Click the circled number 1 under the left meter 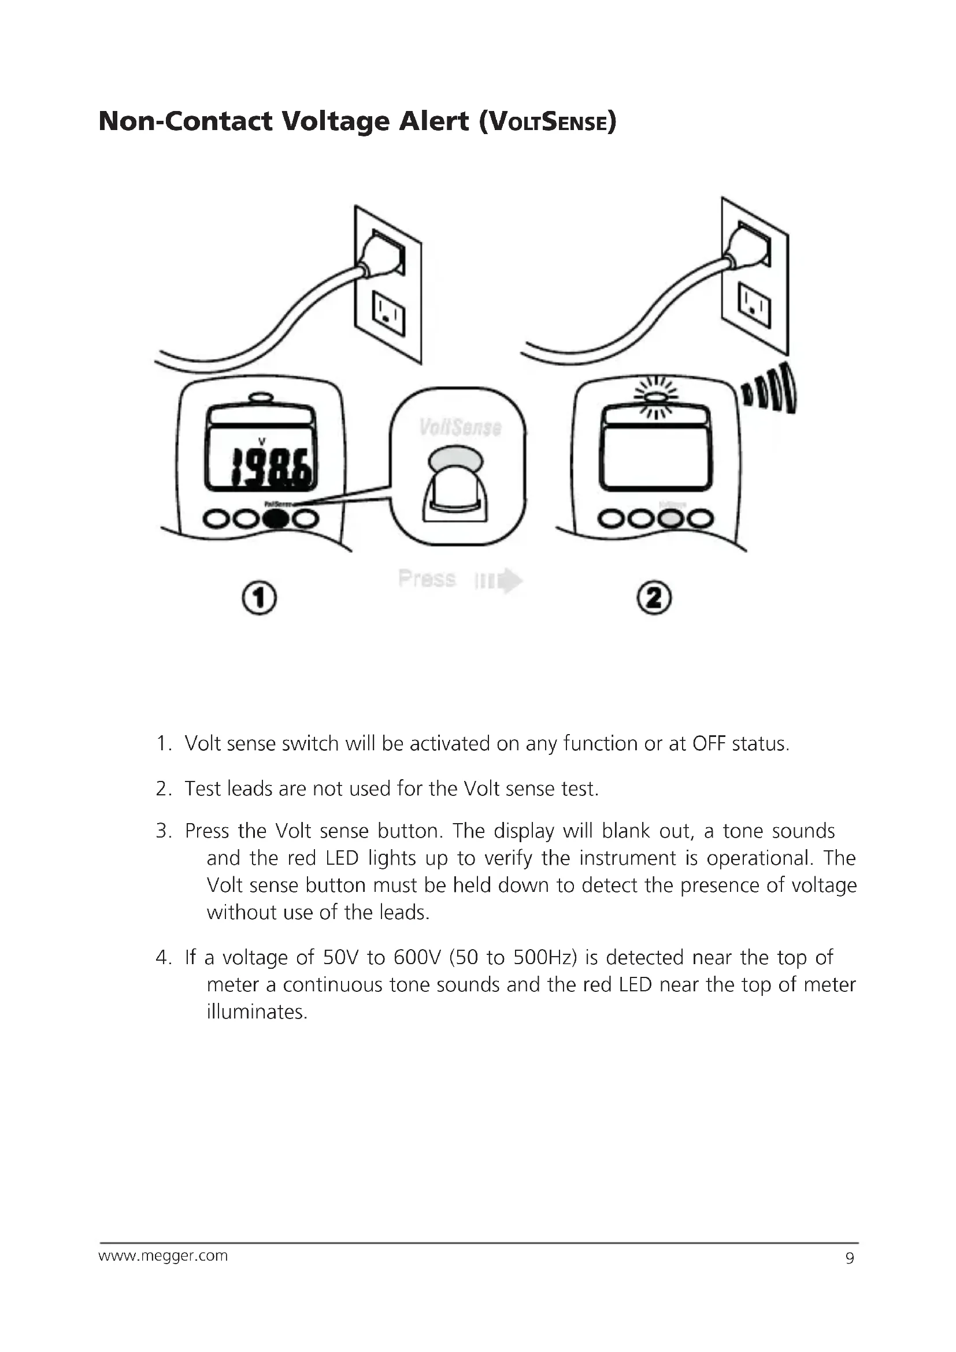pos(259,598)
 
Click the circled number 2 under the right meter pos(654,598)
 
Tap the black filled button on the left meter pos(276,518)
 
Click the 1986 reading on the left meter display pos(272,468)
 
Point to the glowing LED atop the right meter pos(656,397)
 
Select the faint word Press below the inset pos(427,579)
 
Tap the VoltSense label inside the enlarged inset pos(460,428)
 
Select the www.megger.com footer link pos(163,1255)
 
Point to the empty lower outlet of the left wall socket pos(388,313)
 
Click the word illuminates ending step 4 pos(257,1012)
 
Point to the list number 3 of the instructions pos(163,831)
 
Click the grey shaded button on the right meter pos(669,518)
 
